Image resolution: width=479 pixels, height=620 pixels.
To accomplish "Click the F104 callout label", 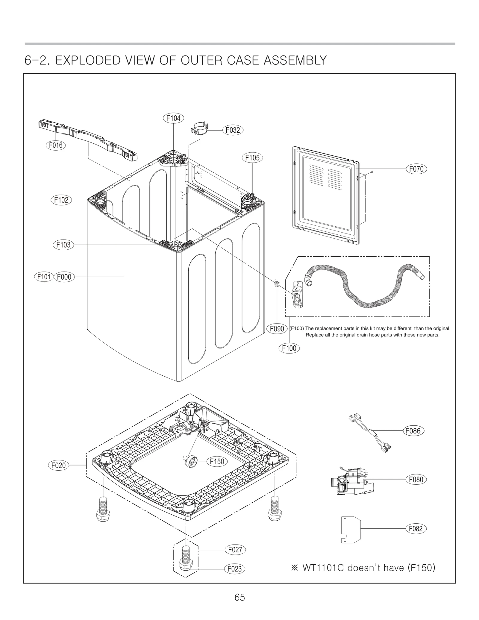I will point(173,118).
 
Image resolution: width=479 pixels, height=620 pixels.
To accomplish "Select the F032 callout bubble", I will point(233,130).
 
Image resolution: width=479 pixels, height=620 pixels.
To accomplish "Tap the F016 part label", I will point(56,145).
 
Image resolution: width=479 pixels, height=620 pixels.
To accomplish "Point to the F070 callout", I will point(416,169).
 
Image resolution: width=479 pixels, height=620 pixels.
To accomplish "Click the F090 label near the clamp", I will point(277,329).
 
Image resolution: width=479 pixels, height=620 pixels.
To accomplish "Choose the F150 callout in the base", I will point(217,461).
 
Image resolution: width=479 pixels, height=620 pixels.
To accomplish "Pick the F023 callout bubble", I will point(234,569).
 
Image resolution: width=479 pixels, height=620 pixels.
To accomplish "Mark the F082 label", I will point(416,528).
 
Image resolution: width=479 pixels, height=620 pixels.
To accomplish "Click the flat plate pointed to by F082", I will point(351,529).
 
